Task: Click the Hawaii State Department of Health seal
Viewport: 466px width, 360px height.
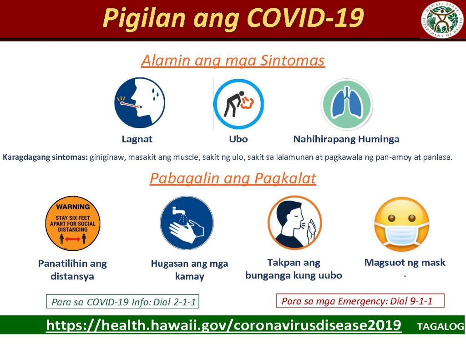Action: tap(442, 20)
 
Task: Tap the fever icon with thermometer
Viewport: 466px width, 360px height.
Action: tap(139, 103)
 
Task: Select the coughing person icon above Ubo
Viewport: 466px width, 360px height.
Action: tap(238, 104)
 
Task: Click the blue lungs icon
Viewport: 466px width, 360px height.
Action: tap(346, 104)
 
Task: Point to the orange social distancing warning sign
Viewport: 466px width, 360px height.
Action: tap(73, 223)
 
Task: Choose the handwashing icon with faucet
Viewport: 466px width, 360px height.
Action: tap(187, 223)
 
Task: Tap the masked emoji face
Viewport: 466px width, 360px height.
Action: tap(401, 224)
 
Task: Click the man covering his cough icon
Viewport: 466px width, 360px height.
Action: tap(294, 223)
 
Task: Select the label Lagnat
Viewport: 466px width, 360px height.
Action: tap(137, 139)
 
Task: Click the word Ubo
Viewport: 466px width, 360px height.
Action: tap(238, 139)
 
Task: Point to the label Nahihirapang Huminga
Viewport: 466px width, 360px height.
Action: tap(346, 139)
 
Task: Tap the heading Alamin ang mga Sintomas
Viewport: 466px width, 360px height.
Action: tap(233, 61)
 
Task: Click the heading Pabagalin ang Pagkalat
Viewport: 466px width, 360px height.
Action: tap(233, 178)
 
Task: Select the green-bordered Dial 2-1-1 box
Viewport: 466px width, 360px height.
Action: tap(123, 301)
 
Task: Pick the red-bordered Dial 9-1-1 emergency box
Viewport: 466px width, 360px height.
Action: tap(360, 301)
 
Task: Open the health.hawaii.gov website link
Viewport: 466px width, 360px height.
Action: tap(224, 325)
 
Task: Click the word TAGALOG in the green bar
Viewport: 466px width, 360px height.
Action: tap(441, 326)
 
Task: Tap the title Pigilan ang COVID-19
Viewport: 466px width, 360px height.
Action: tap(233, 18)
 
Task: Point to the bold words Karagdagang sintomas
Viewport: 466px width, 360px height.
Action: tap(45, 157)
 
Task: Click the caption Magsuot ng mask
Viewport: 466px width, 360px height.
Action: tap(405, 263)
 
